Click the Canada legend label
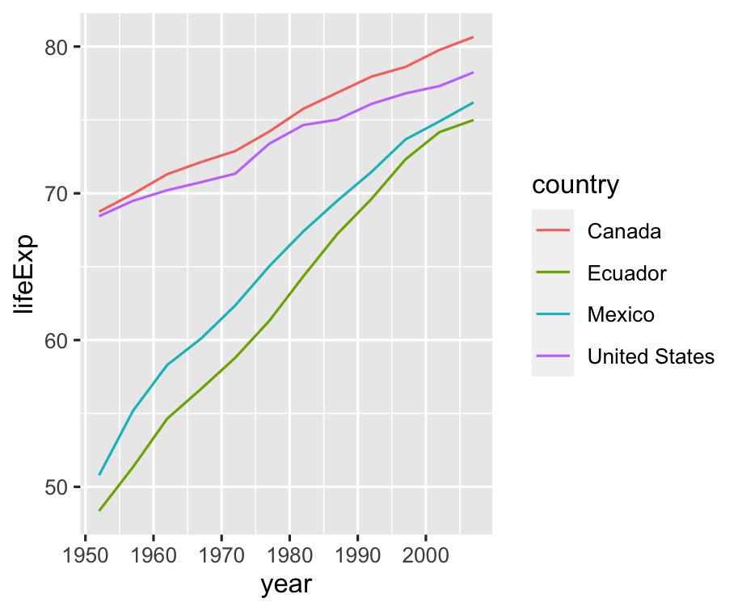tap(624, 231)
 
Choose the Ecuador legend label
tap(627, 273)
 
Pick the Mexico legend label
tap(621, 314)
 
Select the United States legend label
tap(651, 356)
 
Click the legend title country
tap(575, 185)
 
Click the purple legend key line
tap(553, 356)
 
